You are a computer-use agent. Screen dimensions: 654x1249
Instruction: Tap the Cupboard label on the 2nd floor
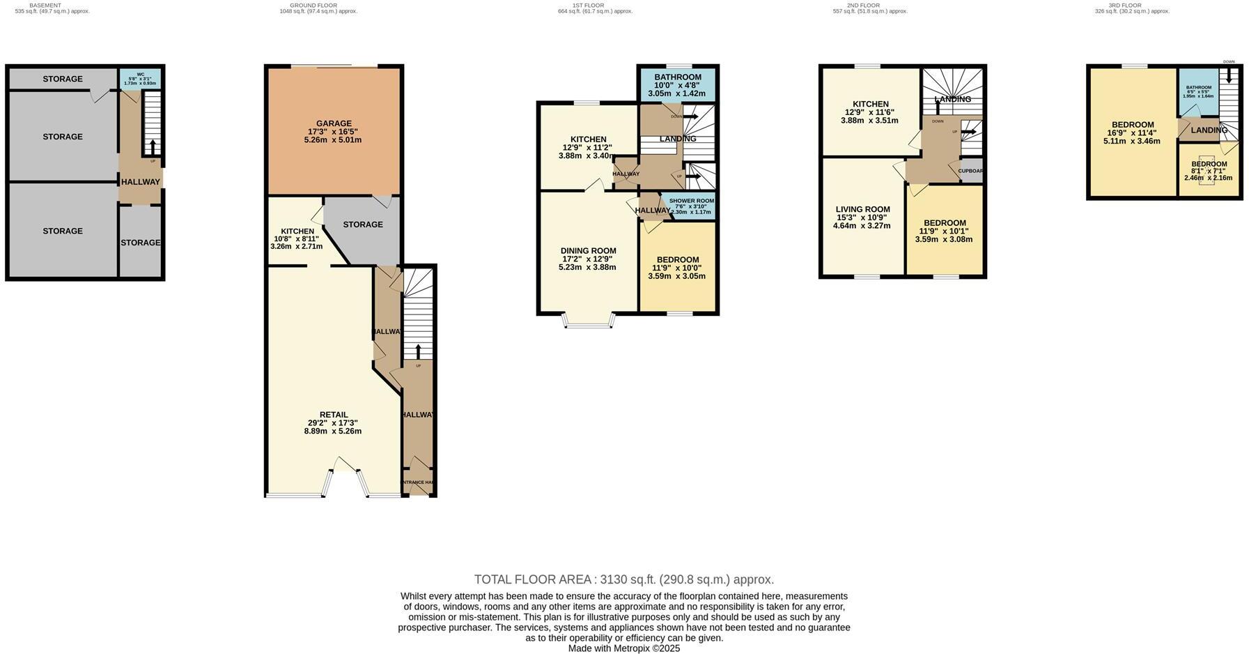[970, 172]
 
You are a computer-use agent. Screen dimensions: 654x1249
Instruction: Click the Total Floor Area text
[623, 579]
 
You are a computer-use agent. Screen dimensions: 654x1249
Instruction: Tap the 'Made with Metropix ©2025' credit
[623, 648]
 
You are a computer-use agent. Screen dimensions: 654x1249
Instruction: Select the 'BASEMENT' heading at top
[45, 6]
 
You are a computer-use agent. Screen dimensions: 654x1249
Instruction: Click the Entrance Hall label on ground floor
[418, 482]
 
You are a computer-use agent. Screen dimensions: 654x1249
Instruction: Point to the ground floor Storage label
[362, 225]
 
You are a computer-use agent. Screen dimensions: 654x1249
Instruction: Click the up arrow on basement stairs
[153, 145]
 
